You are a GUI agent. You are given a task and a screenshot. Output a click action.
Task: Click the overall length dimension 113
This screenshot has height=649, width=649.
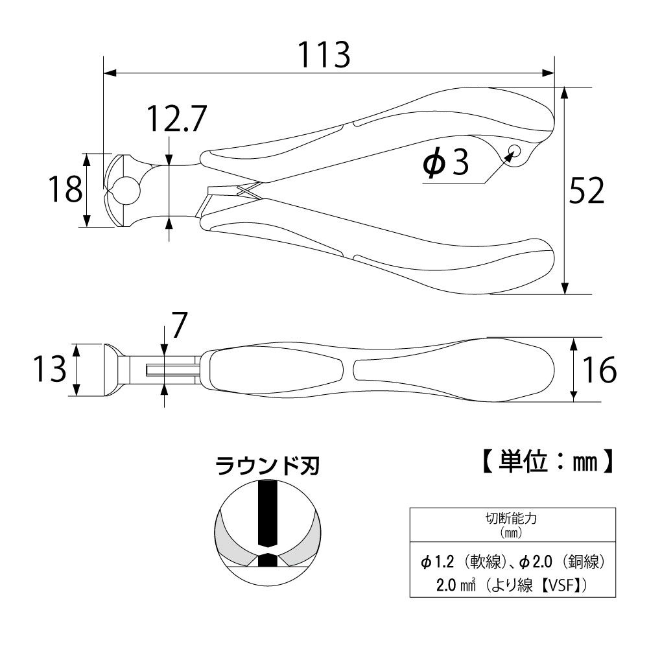click(324, 54)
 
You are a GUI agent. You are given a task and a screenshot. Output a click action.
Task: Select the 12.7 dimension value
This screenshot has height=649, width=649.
click(177, 119)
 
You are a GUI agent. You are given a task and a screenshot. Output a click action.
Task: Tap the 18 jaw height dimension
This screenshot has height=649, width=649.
click(65, 189)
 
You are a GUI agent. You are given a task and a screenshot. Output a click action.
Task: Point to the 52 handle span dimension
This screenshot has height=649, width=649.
click(587, 191)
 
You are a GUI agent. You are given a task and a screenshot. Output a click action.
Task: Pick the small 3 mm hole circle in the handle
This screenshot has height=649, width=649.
click(515, 150)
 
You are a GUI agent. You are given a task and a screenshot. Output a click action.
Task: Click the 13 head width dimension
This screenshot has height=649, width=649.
click(50, 369)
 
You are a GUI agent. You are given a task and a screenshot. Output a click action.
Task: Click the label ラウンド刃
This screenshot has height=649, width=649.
click(268, 466)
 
